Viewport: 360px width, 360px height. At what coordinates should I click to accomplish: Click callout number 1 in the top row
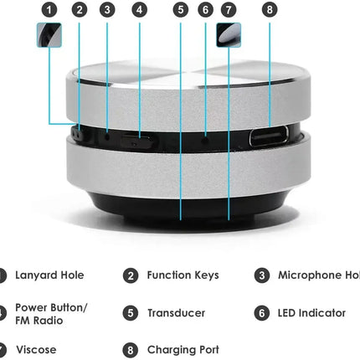coord(50,10)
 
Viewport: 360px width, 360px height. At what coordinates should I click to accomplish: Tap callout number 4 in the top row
coord(139,10)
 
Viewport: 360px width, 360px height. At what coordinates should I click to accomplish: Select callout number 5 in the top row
coord(181,10)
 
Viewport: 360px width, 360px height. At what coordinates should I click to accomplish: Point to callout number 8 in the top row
coord(269,10)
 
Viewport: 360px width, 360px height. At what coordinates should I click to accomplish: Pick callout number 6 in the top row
coord(206,10)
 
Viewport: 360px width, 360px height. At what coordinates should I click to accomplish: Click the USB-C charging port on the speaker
coord(267,136)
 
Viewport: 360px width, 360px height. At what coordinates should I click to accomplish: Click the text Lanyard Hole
coord(49,275)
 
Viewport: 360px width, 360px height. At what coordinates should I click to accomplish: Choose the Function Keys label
coord(183,275)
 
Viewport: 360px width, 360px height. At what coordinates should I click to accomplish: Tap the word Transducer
coord(176,313)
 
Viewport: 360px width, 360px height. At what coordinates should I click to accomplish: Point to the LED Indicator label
coord(311,313)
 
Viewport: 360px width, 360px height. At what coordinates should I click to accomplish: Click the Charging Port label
coord(182,350)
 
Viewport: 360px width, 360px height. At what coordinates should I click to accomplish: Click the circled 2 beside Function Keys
coord(131,275)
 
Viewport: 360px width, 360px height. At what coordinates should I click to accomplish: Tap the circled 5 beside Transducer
coord(131,313)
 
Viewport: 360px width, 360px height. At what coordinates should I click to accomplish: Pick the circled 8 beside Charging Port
coord(131,350)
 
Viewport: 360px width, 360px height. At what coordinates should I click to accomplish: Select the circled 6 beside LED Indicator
coord(262,313)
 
